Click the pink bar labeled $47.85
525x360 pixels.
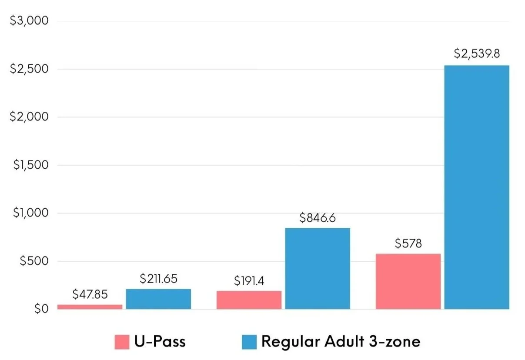[x=90, y=307]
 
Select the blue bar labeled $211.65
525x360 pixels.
[x=158, y=299]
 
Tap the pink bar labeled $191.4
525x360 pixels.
[x=249, y=300]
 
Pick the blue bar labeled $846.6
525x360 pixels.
[x=318, y=269]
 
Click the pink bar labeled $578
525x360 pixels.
[x=408, y=282]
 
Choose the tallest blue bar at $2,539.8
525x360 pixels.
[x=477, y=187]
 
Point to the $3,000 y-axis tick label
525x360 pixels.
[x=29, y=20]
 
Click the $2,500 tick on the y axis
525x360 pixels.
[x=29, y=69]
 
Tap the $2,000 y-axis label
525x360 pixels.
[x=29, y=117]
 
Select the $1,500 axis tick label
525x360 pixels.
[x=31, y=165]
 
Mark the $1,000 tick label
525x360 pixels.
[x=31, y=213]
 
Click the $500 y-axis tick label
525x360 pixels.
[x=34, y=261]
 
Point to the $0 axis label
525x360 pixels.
[x=41, y=309]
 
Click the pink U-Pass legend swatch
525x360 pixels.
[x=122, y=342]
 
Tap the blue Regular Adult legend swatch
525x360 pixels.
[x=249, y=342]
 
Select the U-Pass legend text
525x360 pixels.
[x=160, y=341]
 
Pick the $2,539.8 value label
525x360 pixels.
[x=477, y=53]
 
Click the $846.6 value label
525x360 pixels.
[x=318, y=218]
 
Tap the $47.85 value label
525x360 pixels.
[x=90, y=294]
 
